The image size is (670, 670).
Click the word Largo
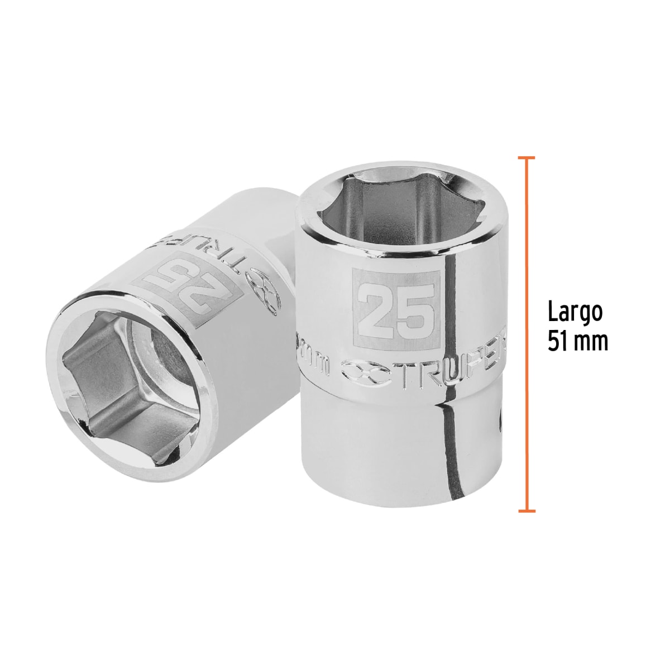(x=575, y=313)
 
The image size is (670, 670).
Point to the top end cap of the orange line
(x=527, y=158)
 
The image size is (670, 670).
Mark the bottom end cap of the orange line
(x=527, y=510)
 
